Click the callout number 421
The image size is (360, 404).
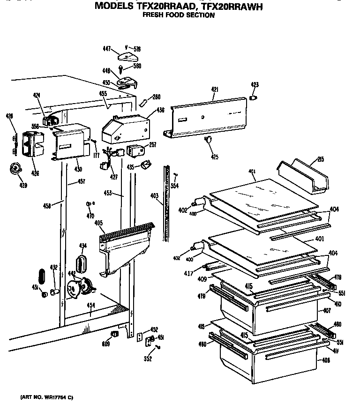point(215,89)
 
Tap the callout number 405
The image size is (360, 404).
point(99,223)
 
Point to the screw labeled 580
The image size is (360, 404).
point(121,69)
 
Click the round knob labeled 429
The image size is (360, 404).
point(16,169)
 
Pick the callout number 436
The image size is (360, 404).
point(161,111)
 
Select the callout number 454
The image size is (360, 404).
point(90,306)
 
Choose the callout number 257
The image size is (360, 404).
point(152,145)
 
